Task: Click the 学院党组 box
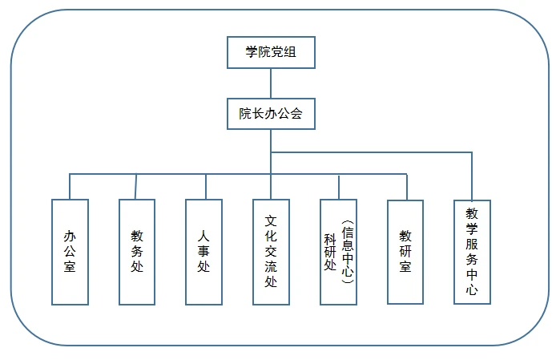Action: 271,53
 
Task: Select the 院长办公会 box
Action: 271,113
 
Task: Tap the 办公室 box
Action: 70,251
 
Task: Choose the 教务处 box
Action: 137,251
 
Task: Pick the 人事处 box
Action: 203,251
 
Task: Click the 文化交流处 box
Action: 271,251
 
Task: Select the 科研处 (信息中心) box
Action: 338,251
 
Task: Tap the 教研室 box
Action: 405,251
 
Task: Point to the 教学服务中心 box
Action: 472,251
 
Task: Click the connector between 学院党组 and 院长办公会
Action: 271,83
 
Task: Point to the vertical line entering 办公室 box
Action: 70,186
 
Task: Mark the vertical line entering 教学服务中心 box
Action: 472,176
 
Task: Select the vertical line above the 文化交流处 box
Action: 271,186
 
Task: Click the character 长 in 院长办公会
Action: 258,113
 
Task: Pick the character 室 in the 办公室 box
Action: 70,268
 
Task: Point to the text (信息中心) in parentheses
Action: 347,251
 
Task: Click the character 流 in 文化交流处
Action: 271,267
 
